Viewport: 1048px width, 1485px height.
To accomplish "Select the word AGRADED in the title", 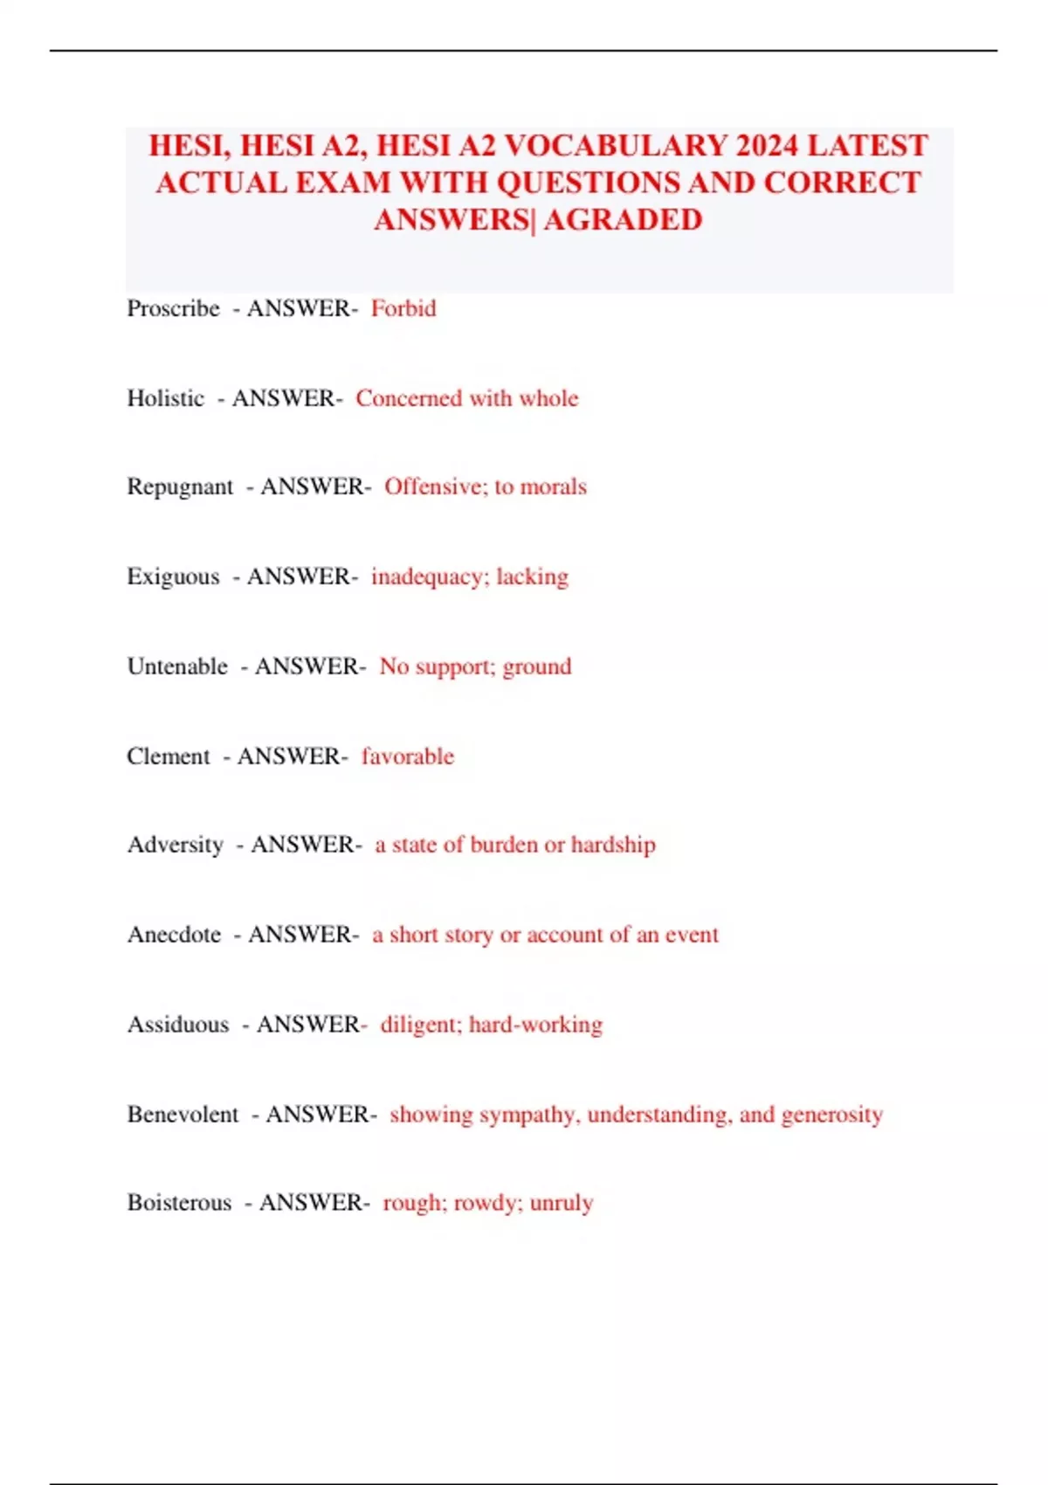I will coord(623,219).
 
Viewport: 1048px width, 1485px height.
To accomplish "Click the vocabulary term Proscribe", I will coord(173,308).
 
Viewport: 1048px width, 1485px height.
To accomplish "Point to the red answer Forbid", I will coord(403,308).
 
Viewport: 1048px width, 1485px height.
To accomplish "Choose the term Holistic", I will coord(165,398).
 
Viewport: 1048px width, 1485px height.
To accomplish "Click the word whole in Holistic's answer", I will coord(548,398).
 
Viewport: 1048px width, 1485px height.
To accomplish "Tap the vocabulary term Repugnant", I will coord(180,487).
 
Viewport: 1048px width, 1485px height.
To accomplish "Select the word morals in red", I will coord(553,487).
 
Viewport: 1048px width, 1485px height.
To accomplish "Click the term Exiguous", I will coord(173,577).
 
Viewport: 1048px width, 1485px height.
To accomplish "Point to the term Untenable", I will coord(177,667).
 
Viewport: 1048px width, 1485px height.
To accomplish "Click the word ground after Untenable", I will coord(537,667).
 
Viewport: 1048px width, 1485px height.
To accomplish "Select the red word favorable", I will coord(408,756).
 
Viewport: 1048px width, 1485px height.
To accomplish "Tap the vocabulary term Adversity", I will coord(176,845).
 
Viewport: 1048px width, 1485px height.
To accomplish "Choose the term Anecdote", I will coord(174,935).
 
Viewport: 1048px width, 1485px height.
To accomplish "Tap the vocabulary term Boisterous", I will coord(179,1203).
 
